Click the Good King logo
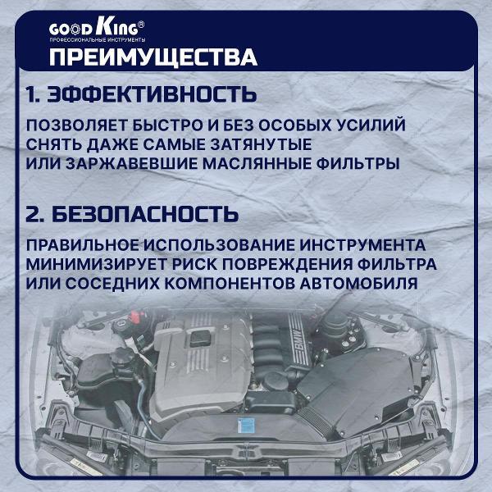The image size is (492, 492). [x=97, y=27]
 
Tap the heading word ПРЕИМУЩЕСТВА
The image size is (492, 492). [x=153, y=57]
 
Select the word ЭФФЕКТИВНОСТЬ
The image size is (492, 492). [x=152, y=94]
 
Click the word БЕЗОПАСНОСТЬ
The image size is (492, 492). [x=145, y=214]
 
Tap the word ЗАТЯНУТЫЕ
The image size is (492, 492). [x=261, y=144]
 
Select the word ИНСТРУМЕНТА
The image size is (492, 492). [x=362, y=245]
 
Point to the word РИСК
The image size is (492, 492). [x=194, y=264]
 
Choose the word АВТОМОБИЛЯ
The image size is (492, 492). [x=358, y=284]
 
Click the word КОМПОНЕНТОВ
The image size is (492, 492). [x=230, y=284]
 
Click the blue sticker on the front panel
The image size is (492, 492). [x=246, y=425]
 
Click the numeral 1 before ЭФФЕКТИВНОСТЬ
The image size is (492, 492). [x=31, y=94]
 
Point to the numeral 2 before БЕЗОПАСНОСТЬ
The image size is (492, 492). [x=33, y=214]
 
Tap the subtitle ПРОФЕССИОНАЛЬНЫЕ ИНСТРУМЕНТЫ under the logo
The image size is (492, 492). [x=98, y=40]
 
